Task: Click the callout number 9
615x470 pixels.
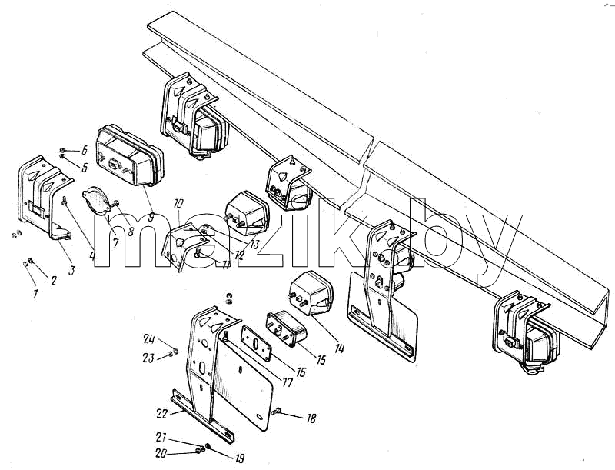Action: (151, 217)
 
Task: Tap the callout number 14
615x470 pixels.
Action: (340, 348)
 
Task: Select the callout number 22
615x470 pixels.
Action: (161, 415)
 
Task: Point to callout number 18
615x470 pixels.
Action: (311, 419)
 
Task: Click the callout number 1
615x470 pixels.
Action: (35, 294)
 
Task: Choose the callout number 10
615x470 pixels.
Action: (178, 204)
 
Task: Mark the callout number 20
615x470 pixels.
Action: (161, 454)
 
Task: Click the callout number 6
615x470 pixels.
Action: (84, 150)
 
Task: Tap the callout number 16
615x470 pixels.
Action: (301, 372)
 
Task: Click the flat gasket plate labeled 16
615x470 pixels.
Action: (257, 343)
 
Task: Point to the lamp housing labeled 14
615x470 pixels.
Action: (311, 293)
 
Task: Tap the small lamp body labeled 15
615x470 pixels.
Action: (286, 328)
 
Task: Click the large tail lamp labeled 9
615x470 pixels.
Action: (129, 155)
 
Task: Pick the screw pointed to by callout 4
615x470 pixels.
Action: (65, 201)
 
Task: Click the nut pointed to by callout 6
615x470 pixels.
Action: (62, 150)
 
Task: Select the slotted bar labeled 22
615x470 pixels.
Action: (202, 416)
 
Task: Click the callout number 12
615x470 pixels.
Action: (239, 255)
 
